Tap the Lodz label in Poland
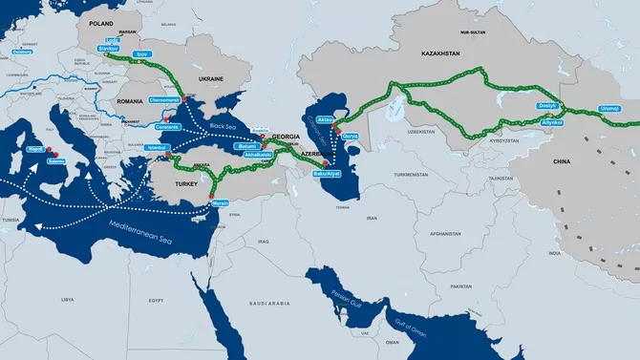[x=113, y=41]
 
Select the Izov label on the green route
[x=142, y=54]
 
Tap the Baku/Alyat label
[x=326, y=174]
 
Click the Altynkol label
[x=552, y=123]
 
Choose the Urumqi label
[x=608, y=108]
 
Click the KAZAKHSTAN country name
[x=428, y=56]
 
